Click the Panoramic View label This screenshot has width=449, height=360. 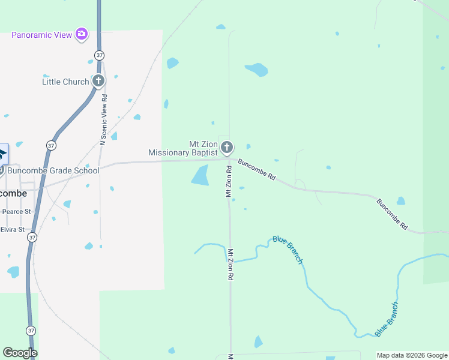(x=42, y=35)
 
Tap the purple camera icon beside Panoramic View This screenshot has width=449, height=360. (x=82, y=34)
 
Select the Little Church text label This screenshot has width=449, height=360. (x=65, y=82)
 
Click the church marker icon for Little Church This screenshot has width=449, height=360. (x=98, y=81)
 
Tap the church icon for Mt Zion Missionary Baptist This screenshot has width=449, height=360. (x=227, y=147)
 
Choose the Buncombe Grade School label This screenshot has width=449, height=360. (x=53, y=170)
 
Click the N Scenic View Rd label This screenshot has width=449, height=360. (x=103, y=120)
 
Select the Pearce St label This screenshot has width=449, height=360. (x=16, y=212)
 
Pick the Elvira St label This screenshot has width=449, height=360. (x=13, y=229)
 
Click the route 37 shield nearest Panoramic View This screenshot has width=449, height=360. (x=99, y=55)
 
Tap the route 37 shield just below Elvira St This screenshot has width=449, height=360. (x=31, y=238)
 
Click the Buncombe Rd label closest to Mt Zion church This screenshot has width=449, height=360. (x=256, y=170)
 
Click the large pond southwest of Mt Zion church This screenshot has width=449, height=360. (x=200, y=175)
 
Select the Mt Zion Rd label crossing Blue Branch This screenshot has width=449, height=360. (x=230, y=265)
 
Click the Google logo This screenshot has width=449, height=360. (x=20, y=353)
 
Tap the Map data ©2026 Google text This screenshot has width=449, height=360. (x=412, y=355)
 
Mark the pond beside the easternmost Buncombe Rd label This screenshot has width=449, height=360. (x=401, y=201)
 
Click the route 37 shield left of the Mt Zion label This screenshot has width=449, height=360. (x=51, y=146)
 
